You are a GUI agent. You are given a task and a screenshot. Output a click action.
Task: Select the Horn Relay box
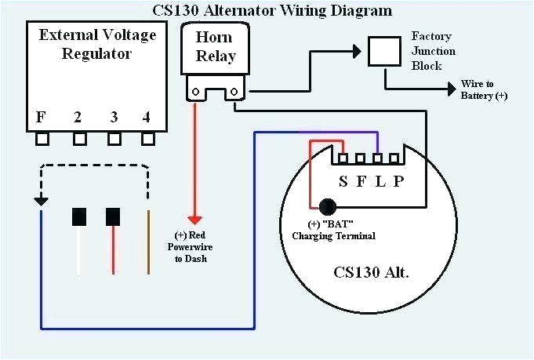213,47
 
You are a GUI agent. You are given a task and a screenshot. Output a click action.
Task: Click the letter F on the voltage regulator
42,118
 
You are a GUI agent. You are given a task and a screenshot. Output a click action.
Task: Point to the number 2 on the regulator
78,118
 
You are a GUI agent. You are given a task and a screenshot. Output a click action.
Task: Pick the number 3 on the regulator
114,118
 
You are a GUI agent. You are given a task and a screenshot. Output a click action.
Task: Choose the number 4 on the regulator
147,118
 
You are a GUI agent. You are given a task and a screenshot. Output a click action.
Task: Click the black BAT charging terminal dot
326,207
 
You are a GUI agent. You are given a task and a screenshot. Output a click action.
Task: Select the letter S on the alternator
343,181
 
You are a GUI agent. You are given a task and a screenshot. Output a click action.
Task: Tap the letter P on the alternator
401,181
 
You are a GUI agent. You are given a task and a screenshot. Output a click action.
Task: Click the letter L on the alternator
381,181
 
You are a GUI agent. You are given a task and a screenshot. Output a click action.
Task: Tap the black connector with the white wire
78,216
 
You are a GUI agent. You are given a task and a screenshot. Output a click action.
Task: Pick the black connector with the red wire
114,216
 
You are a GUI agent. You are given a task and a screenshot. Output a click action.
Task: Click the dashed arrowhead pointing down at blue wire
39,202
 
